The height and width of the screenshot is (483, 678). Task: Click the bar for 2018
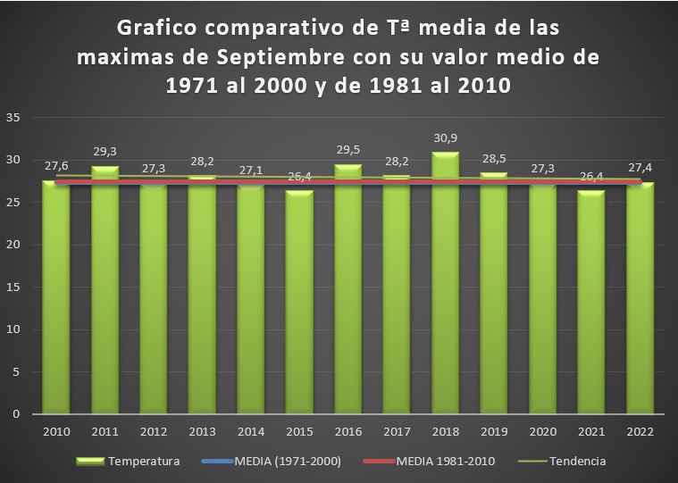[x=444, y=286]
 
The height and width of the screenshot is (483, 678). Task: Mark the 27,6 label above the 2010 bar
[x=55, y=167]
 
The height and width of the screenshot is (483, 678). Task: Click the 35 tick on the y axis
[x=13, y=118]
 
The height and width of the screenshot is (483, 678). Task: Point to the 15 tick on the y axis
[x=13, y=287]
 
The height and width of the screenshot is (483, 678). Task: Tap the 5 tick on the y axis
[x=16, y=372]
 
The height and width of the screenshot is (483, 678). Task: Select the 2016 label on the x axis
[x=347, y=431]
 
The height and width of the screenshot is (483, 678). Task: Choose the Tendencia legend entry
[x=576, y=462]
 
